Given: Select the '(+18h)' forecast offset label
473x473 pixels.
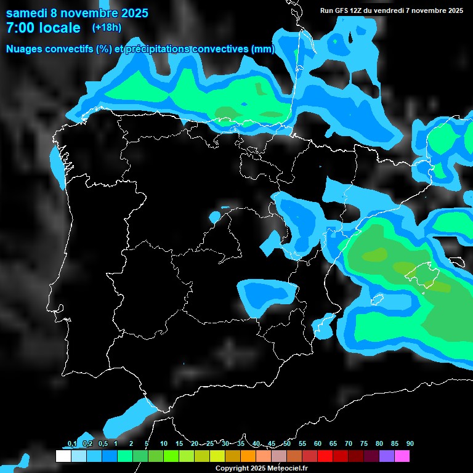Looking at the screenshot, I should click(x=107, y=27).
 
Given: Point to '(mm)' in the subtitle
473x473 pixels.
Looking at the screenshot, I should click(x=261, y=49).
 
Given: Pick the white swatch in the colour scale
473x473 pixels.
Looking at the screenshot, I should click(x=63, y=456).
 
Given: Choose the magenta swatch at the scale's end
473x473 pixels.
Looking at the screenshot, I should click(x=402, y=456).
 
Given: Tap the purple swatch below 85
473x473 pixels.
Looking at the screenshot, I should click(x=387, y=456).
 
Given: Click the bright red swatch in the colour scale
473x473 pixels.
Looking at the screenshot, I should click(x=325, y=456).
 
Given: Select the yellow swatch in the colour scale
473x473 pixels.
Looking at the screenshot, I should click(x=217, y=456).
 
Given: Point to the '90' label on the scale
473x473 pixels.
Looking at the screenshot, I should click(x=410, y=444).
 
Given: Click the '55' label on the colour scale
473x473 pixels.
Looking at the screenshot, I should click(x=302, y=444).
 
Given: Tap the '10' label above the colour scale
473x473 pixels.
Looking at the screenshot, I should click(x=163, y=444).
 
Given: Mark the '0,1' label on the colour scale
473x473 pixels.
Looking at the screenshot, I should click(x=72, y=444).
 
